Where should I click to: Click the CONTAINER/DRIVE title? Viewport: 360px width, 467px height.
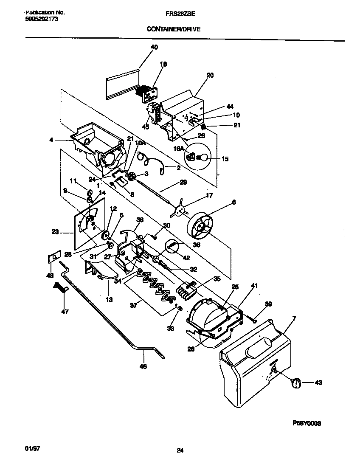174,29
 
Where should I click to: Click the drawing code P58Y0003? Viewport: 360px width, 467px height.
307,423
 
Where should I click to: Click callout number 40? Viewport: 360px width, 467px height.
154,47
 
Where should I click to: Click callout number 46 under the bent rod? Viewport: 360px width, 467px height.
143,366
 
